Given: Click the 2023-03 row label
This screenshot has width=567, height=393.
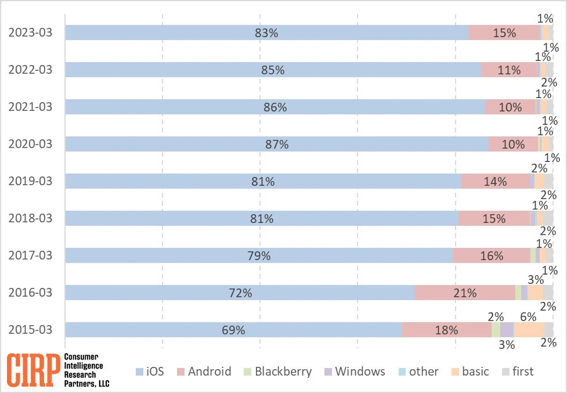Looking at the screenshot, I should (30, 33).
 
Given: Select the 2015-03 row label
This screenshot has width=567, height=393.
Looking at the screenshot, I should (30, 330).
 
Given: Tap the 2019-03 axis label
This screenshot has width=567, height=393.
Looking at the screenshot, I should (30, 181).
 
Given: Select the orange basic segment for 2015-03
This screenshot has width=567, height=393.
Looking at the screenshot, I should (529, 330).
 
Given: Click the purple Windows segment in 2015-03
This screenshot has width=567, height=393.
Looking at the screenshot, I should (507, 330).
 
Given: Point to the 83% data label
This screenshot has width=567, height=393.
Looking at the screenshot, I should (266, 33).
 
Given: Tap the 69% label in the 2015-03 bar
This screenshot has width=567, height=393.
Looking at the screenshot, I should (233, 330).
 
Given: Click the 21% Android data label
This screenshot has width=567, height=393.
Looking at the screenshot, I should (465, 293).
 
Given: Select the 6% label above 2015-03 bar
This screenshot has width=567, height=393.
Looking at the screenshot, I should (528, 317).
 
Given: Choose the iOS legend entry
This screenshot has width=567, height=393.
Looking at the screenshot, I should (153, 372).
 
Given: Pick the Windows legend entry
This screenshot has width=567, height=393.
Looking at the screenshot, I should (354, 372).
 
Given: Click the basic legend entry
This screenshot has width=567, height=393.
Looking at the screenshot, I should (469, 372).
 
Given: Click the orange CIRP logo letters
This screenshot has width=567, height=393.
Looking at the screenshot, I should (34, 369).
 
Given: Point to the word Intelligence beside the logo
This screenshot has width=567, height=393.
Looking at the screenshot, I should (83, 366).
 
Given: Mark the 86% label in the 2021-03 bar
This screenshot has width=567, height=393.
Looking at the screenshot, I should (275, 107).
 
